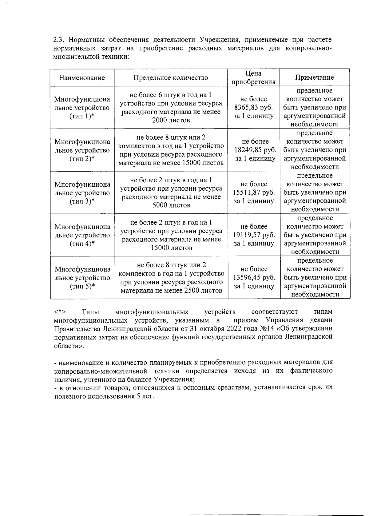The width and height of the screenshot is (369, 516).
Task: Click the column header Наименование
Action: (82, 78)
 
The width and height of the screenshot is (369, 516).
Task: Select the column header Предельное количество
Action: (171, 78)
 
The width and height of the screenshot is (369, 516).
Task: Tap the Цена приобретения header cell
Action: (253, 78)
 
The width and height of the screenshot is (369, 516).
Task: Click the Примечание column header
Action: (314, 78)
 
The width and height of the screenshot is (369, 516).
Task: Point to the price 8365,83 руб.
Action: (254, 108)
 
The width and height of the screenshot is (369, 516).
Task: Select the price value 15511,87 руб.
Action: (254, 193)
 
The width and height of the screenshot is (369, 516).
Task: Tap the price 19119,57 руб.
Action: (254, 235)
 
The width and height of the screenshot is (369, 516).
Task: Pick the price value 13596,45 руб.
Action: (254, 278)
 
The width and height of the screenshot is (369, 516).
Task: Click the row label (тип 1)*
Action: (82, 116)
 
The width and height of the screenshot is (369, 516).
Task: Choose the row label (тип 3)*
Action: (82, 201)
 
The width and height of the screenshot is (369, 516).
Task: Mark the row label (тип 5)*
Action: (82, 286)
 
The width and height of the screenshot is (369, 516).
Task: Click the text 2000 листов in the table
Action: (171, 120)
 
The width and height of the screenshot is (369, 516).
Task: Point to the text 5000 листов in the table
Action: (171, 205)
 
